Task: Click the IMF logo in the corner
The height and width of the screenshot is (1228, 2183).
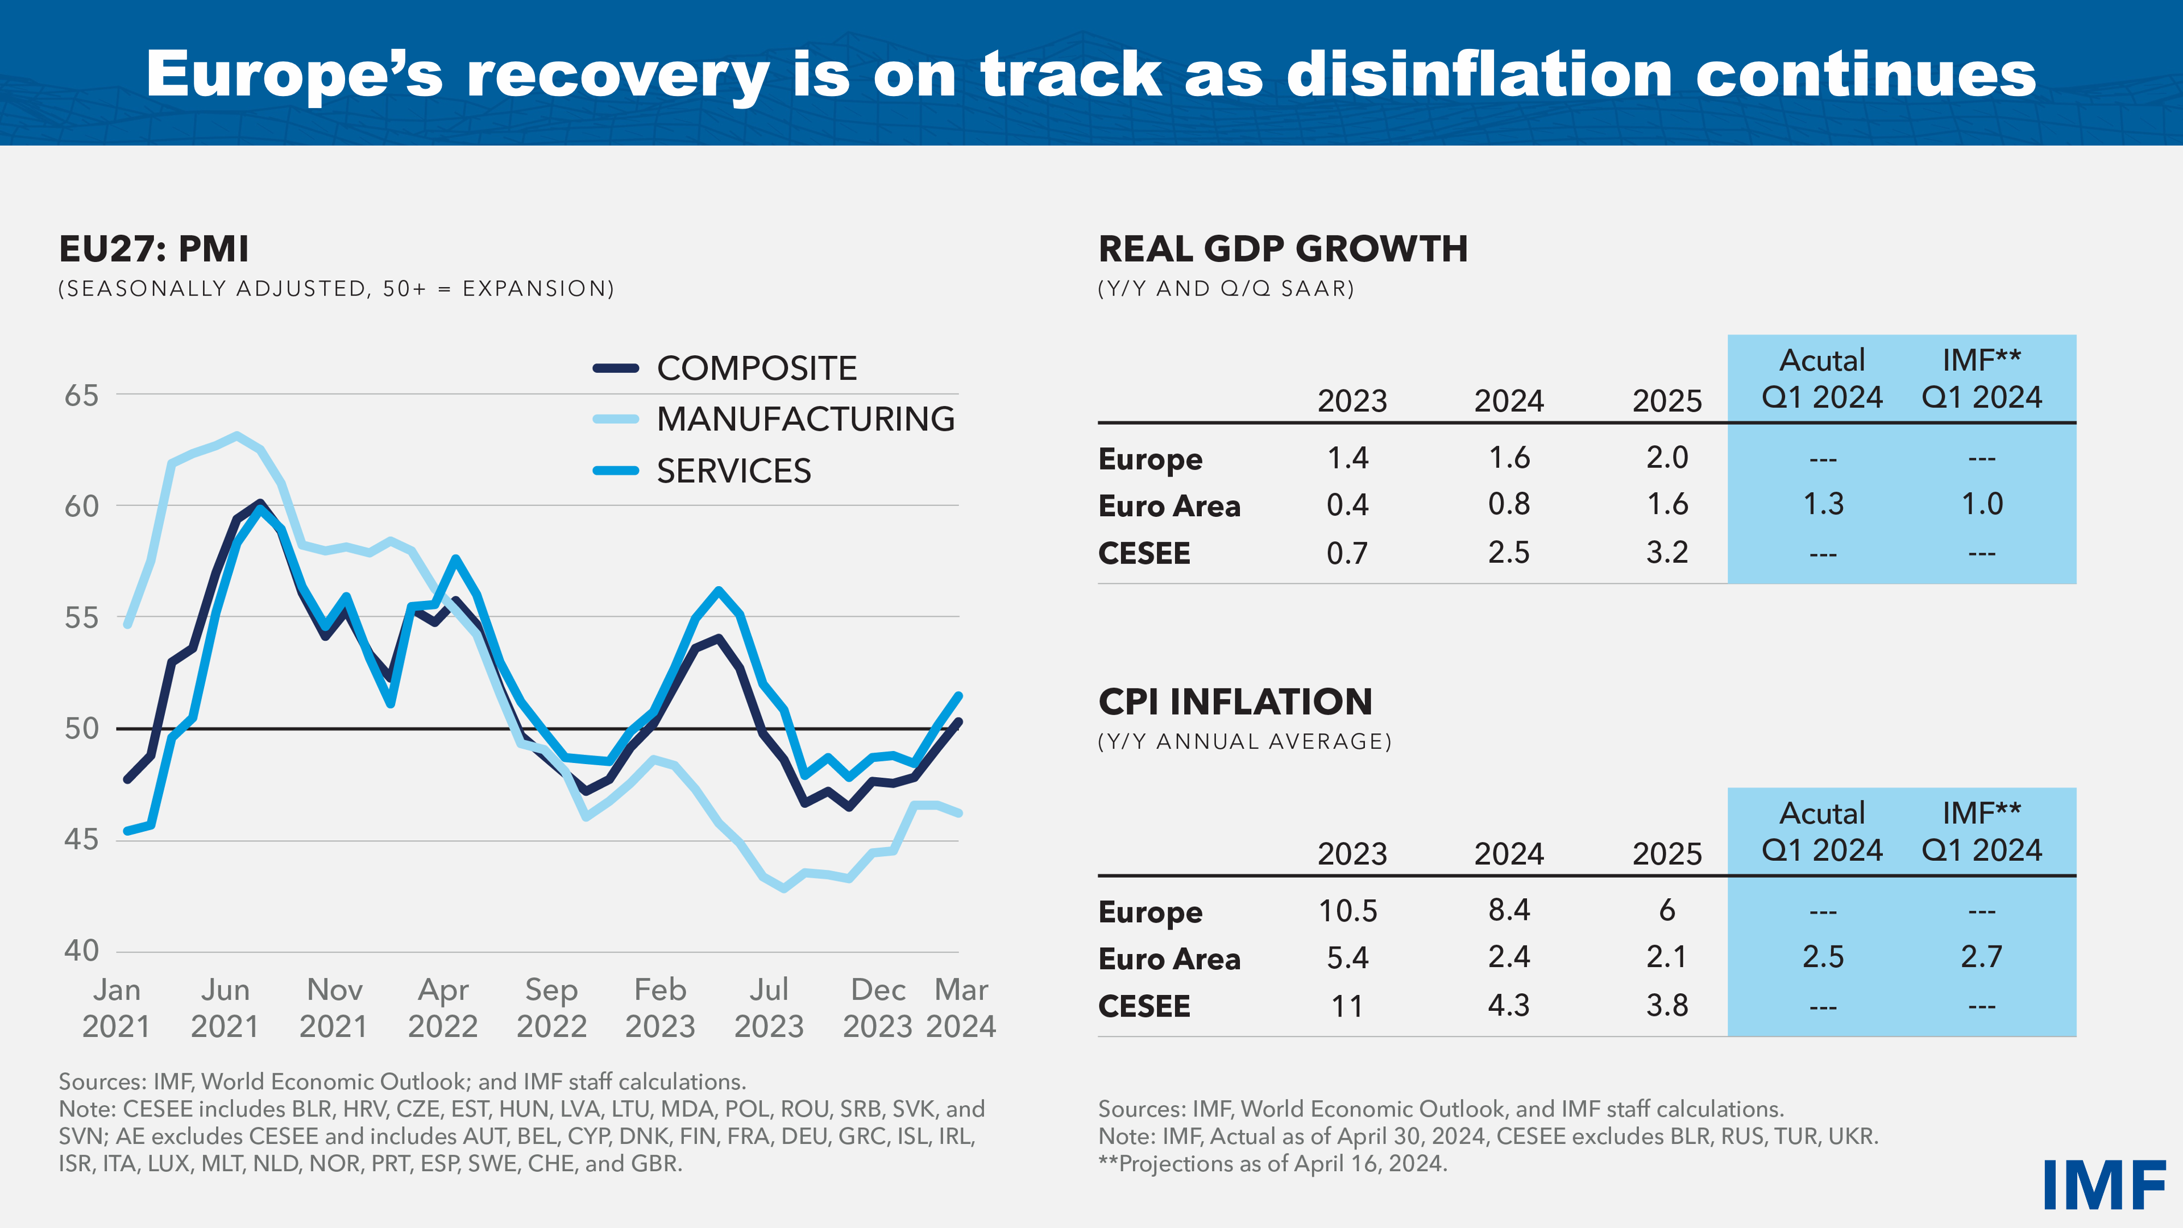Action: [2103, 1185]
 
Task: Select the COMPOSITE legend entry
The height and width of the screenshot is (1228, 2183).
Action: [756, 368]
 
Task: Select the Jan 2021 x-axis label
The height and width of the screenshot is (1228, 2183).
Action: [116, 1007]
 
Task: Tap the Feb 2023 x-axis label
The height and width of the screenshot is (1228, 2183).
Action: [660, 1007]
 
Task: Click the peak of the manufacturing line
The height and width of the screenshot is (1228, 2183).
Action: [236, 435]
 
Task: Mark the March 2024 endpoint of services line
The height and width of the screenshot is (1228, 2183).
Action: [958, 696]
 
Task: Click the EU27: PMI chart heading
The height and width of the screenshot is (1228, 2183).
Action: [153, 248]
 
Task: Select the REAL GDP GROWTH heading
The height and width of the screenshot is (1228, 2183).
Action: [1282, 248]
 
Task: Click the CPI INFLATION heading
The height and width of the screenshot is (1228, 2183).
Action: [1235, 702]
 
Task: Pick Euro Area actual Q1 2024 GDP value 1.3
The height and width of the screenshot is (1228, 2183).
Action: [1823, 504]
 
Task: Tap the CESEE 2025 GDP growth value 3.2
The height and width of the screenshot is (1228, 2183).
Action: [1667, 553]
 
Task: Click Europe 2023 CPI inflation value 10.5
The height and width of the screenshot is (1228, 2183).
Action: [1347, 911]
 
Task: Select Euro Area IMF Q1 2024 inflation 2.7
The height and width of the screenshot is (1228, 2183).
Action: [1981, 957]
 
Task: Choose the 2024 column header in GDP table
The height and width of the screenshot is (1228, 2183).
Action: [1508, 401]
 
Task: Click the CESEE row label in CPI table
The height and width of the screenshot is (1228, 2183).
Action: [1144, 1006]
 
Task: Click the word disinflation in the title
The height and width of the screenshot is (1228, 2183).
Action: [1479, 74]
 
